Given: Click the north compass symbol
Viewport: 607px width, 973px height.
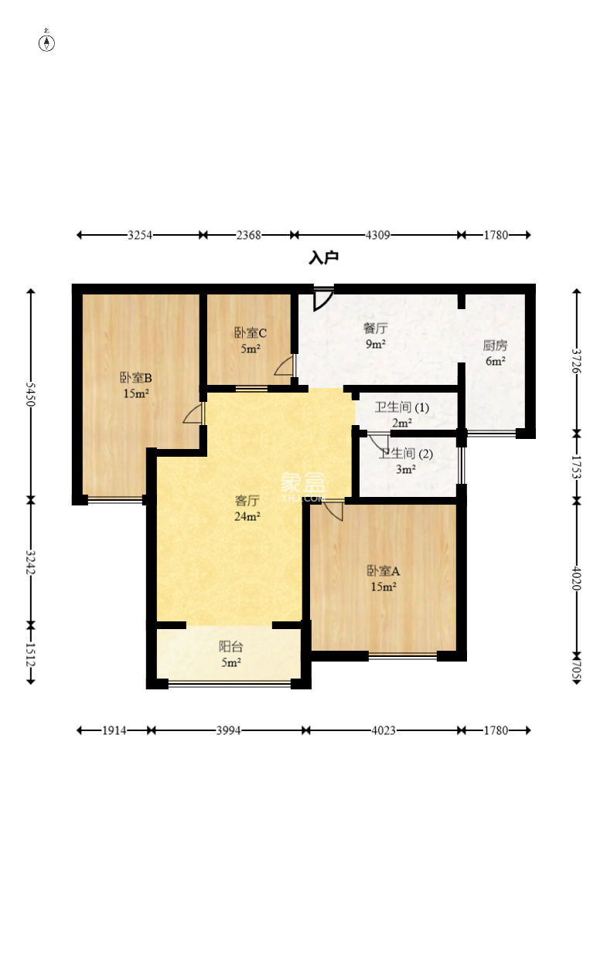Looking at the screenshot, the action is (x=46, y=42).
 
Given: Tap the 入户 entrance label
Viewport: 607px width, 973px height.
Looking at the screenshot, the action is (x=324, y=257).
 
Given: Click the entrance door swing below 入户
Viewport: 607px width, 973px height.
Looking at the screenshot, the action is (x=323, y=299).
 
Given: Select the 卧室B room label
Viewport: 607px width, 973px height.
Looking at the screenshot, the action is (x=135, y=377).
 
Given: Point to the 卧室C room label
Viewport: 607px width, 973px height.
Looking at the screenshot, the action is (x=251, y=333).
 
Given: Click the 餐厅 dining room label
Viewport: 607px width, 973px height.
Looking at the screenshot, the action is (x=375, y=328).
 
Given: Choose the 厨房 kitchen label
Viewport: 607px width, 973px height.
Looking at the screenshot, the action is (x=495, y=345).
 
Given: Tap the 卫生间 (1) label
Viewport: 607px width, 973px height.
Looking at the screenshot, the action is (x=402, y=407).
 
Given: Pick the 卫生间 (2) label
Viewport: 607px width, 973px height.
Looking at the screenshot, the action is (x=406, y=454).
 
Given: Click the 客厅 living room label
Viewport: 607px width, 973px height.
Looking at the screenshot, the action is (x=247, y=501).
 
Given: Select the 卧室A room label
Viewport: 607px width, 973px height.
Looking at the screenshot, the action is (x=384, y=570).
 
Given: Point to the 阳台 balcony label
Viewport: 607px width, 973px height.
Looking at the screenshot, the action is (x=230, y=647).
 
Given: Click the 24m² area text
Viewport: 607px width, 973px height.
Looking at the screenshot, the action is (x=247, y=516).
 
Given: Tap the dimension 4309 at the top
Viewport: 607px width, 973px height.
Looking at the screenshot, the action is (x=377, y=235).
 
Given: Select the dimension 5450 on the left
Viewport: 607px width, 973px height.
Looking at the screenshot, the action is (x=30, y=394).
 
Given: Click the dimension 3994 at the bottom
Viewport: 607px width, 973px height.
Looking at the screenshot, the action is (x=229, y=730).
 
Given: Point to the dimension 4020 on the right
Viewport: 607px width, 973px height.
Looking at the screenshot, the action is (x=576, y=578).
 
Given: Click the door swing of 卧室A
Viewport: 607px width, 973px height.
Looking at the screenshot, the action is (x=334, y=509).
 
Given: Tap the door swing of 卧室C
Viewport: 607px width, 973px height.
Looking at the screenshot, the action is (x=285, y=366).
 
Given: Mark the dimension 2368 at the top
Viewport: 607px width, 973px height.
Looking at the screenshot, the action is (x=248, y=235).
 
